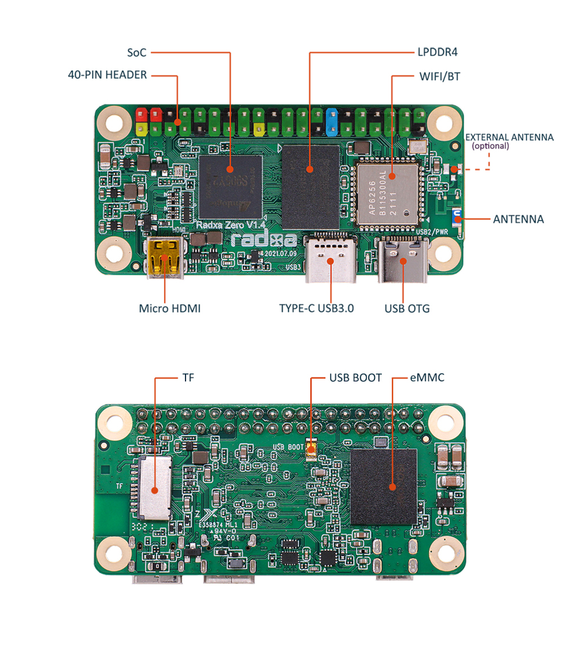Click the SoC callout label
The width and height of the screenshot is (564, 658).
click(136, 52)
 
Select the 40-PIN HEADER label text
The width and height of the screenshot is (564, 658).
click(107, 75)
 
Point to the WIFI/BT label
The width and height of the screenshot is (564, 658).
click(439, 75)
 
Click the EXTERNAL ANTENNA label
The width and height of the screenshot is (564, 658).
click(509, 137)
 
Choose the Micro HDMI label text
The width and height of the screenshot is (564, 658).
click(169, 308)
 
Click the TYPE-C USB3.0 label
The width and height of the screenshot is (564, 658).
click(316, 308)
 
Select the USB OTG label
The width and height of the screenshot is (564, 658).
click(407, 308)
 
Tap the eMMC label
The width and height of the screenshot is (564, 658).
click(427, 377)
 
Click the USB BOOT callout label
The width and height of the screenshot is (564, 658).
click(355, 377)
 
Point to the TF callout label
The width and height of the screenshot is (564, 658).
click(188, 377)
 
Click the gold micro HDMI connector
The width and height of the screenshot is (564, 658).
click(165, 258)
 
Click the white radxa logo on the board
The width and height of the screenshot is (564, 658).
click(263, 240)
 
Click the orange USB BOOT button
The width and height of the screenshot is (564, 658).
click(311, 448)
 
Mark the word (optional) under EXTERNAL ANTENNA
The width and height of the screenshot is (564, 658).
click(490, 146)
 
